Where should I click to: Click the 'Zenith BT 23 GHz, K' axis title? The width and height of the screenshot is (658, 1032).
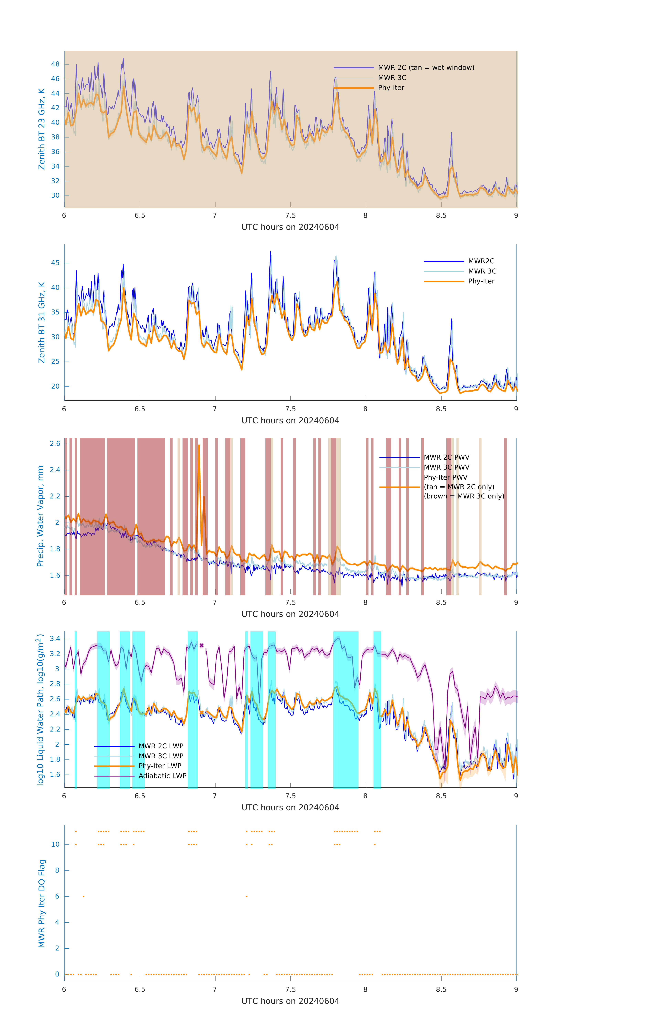coord(42,129)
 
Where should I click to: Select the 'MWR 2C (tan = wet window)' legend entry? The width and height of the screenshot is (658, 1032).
coord(426,68)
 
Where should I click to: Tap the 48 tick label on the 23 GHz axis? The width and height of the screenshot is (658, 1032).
coord(55,64)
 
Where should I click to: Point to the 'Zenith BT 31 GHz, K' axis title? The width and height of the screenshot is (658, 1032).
coord(42,322)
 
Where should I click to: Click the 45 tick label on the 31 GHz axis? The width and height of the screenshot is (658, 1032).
coord(55,263)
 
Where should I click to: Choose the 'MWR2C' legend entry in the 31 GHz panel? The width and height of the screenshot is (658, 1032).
coord(480,261)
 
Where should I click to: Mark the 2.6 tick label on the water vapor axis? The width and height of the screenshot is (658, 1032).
coord(55,444)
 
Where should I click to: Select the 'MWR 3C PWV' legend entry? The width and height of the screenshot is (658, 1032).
coord(446,467)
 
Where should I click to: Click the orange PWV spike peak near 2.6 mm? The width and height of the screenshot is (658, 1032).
coord(199,445)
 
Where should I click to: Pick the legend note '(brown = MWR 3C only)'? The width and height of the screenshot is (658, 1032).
coord(464,496)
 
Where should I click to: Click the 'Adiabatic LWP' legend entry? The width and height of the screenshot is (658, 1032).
coord(162,776)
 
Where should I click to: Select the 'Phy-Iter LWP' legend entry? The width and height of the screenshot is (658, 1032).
coord(160,766)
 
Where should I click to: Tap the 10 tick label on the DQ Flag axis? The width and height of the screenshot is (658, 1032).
coord(55,844)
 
